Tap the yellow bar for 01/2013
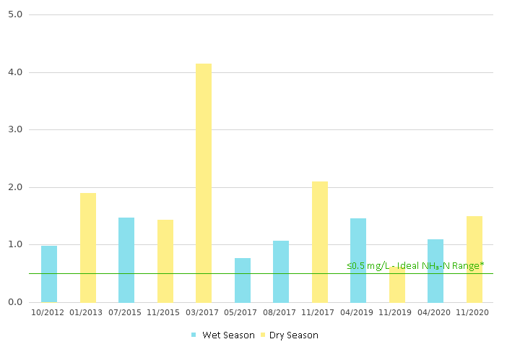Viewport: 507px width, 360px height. point(88,247)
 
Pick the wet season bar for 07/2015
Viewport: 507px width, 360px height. point(126,260)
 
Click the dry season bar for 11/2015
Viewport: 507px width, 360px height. point(165,261)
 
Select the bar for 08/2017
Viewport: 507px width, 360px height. point(281,271)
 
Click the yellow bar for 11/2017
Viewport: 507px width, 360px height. point(320,241)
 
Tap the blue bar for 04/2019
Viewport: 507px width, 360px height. point(358,260)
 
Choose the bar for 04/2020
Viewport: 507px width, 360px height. point(435,270)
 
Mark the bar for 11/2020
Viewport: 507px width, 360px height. point(474,259)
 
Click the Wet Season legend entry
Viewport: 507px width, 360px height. point(223,335)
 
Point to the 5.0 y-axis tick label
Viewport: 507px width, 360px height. point(15,14)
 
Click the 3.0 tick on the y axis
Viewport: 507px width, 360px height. point(15,129)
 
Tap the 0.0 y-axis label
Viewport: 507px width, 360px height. point(15,302)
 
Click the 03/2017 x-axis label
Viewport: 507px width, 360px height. point(204,312)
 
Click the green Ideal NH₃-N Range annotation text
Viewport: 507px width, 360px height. point(415,266)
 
